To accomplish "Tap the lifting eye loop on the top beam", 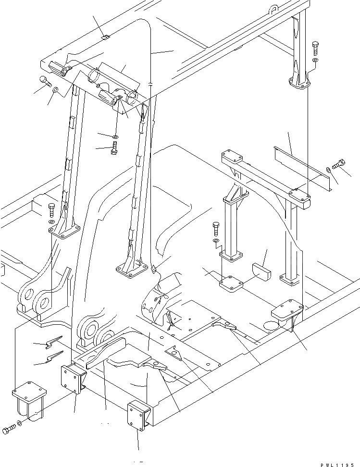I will coord(274,9).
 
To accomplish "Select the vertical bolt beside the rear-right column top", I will coord(315,48).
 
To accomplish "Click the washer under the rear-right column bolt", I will coord(314,61).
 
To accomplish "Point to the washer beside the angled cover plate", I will coord(328,169).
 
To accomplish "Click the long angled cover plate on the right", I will coord(298,166).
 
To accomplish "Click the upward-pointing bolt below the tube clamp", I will coord(114,147).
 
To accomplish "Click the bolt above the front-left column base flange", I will coord(52,209).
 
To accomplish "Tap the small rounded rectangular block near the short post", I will coord(261,270).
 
